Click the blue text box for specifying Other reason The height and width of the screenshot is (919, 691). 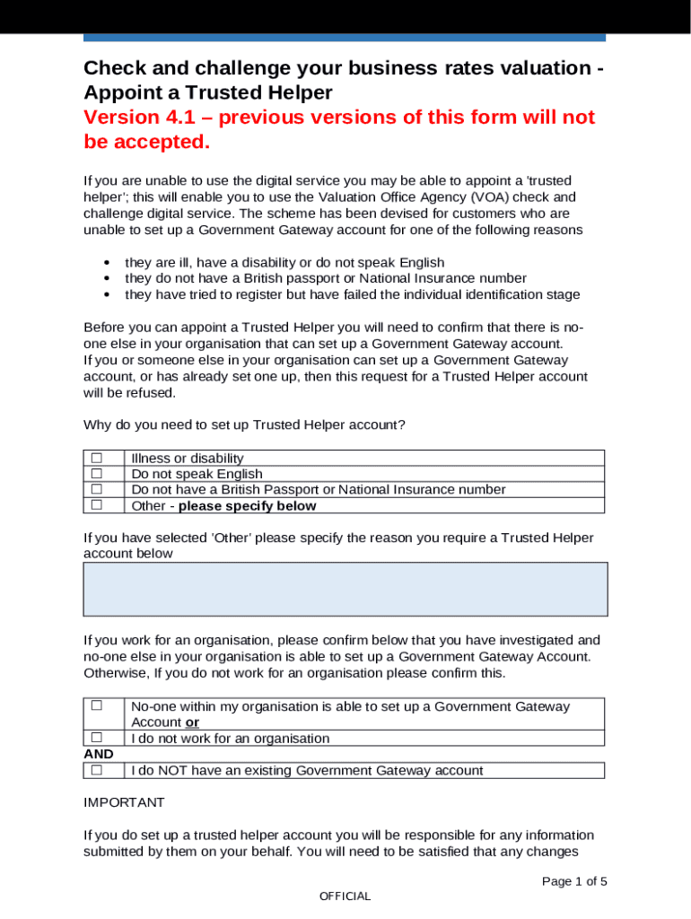(x=345, y=589)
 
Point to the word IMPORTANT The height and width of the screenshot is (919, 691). (x=124, y=801)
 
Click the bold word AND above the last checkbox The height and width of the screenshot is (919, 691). (x=99, y=754)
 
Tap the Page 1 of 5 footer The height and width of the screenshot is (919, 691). (x=574, y=881)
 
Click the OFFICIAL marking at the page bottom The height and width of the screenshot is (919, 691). (x=345, y=896)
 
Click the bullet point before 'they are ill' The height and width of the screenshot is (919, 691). (x=108, y=262)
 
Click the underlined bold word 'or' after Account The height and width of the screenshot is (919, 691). (x=192, y=722)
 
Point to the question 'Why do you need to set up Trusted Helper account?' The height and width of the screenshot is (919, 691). (x=244, y=424)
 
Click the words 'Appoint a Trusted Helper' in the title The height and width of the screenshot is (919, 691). (x=208, y=92)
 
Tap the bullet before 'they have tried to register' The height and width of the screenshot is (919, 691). (x=108, y=294)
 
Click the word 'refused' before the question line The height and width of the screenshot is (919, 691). (x=153, y=392)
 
